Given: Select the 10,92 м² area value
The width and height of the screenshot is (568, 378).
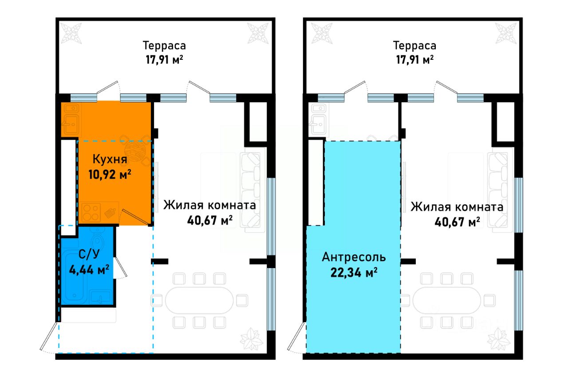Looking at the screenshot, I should coord(110,174).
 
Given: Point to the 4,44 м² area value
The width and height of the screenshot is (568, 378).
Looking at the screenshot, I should coord(89,269).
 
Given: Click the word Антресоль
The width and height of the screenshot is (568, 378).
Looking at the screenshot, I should coord(354,257).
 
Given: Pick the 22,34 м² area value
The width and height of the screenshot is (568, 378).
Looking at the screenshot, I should coord(354,272).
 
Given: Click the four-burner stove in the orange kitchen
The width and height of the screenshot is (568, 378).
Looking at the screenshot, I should coord(91,214).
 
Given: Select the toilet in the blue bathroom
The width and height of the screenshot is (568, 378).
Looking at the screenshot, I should coord(99,242).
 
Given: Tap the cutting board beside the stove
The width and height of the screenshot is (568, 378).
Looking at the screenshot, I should coord(110,214).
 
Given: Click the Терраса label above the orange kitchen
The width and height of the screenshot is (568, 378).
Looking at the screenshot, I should coord(164,46).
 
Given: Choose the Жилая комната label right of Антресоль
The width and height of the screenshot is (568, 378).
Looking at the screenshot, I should coord(457,207).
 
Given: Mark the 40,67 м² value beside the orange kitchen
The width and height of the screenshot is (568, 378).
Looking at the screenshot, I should coord(210,221).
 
